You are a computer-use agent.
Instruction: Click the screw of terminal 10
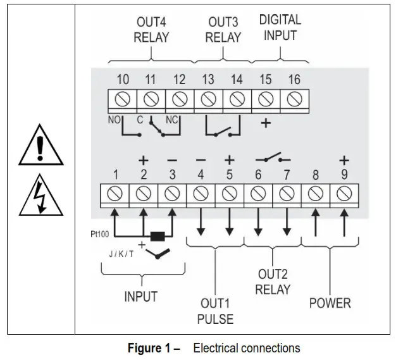point(122,99)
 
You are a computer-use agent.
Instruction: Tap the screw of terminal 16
point(294,99)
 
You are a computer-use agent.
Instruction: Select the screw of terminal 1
point(115,194)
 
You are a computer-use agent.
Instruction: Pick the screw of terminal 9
point(344,194)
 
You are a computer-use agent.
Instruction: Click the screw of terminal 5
point(229,194)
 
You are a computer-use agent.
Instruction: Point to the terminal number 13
point(208,79)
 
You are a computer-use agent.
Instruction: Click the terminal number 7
point(287,175)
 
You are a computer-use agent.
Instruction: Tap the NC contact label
point(171,120)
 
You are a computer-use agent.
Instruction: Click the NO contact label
point(114,120)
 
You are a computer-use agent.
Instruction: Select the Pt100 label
point(100,234)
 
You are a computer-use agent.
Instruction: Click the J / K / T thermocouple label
point(121,254)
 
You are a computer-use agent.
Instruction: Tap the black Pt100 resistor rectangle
point(158,237)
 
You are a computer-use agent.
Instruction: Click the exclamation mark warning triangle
point(41,145)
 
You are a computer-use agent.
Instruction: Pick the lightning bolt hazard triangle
point(41,196)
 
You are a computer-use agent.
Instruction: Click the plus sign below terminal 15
point(266,123)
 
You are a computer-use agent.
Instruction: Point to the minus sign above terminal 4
point(201,160)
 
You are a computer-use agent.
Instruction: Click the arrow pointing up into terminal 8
point(316,222)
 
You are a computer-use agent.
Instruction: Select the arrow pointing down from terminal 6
point(258,221)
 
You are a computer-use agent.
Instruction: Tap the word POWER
point(330,303)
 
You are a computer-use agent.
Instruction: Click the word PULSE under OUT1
point(215,319)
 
